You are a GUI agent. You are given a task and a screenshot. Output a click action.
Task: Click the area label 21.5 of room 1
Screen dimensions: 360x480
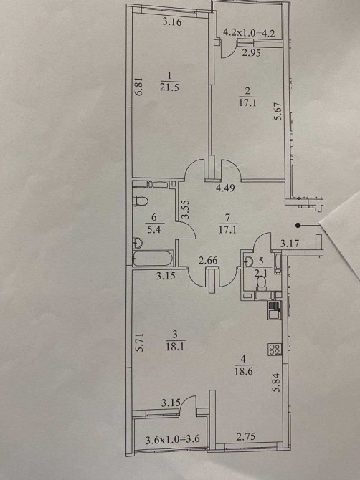pos(169,87)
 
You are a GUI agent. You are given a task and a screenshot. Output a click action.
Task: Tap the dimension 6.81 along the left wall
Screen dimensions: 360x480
pos(139,87)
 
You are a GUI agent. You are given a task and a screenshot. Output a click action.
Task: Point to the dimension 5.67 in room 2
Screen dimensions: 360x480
pos(278,111)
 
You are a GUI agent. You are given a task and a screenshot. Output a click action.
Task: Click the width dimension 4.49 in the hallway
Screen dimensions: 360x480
pos(225,188)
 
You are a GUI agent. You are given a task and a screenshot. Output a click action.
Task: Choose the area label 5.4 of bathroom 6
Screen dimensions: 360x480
pos(153,229)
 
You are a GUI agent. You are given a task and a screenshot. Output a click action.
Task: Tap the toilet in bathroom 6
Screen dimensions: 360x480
pos(141,201)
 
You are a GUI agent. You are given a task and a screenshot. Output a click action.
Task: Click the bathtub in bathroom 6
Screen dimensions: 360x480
pos(153,259)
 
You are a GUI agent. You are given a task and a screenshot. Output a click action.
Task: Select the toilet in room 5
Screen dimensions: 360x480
pos(261,283)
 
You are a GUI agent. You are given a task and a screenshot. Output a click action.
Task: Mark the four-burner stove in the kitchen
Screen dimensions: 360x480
pos(275,350)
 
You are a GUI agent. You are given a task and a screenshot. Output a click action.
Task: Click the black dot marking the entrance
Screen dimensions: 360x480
pos(298,226)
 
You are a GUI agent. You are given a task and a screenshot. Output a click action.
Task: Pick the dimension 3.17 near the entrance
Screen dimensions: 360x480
pos(289,244)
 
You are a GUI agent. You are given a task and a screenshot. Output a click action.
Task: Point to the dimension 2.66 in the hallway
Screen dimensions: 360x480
pos(208,261)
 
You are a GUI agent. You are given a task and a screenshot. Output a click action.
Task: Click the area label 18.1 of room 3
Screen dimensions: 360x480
pos(176,347)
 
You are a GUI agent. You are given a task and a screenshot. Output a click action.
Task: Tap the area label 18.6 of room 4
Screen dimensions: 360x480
pos(244,371)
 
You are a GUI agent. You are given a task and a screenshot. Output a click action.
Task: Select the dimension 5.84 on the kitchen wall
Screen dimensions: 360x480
pos(276,384)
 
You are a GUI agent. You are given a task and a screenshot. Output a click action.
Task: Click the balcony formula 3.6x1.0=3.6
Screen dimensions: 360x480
pos(173,440)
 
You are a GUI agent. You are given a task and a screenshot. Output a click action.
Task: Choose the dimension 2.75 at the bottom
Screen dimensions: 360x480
pos(246,436)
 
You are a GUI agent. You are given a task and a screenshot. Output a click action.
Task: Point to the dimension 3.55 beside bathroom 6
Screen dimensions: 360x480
pos(185,209)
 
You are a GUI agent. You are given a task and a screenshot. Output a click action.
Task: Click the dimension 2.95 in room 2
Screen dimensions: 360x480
pos(251,53)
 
